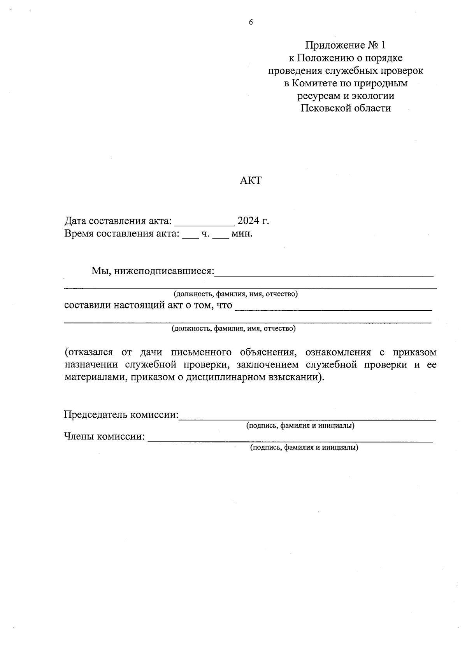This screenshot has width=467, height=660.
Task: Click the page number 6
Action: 251,22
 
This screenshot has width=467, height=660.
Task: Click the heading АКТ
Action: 251,180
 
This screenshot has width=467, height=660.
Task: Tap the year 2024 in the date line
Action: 248,221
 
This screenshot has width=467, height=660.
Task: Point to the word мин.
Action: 242,234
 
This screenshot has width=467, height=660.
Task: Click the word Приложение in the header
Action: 334,46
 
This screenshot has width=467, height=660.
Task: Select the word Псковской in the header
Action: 325,108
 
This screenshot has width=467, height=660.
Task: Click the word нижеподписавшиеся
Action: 163,271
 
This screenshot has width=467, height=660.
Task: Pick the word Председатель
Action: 96,415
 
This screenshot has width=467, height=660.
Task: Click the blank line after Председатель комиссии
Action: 307,418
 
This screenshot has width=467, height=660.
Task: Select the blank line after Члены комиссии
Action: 290,440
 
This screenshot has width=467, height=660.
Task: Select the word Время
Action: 79,234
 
